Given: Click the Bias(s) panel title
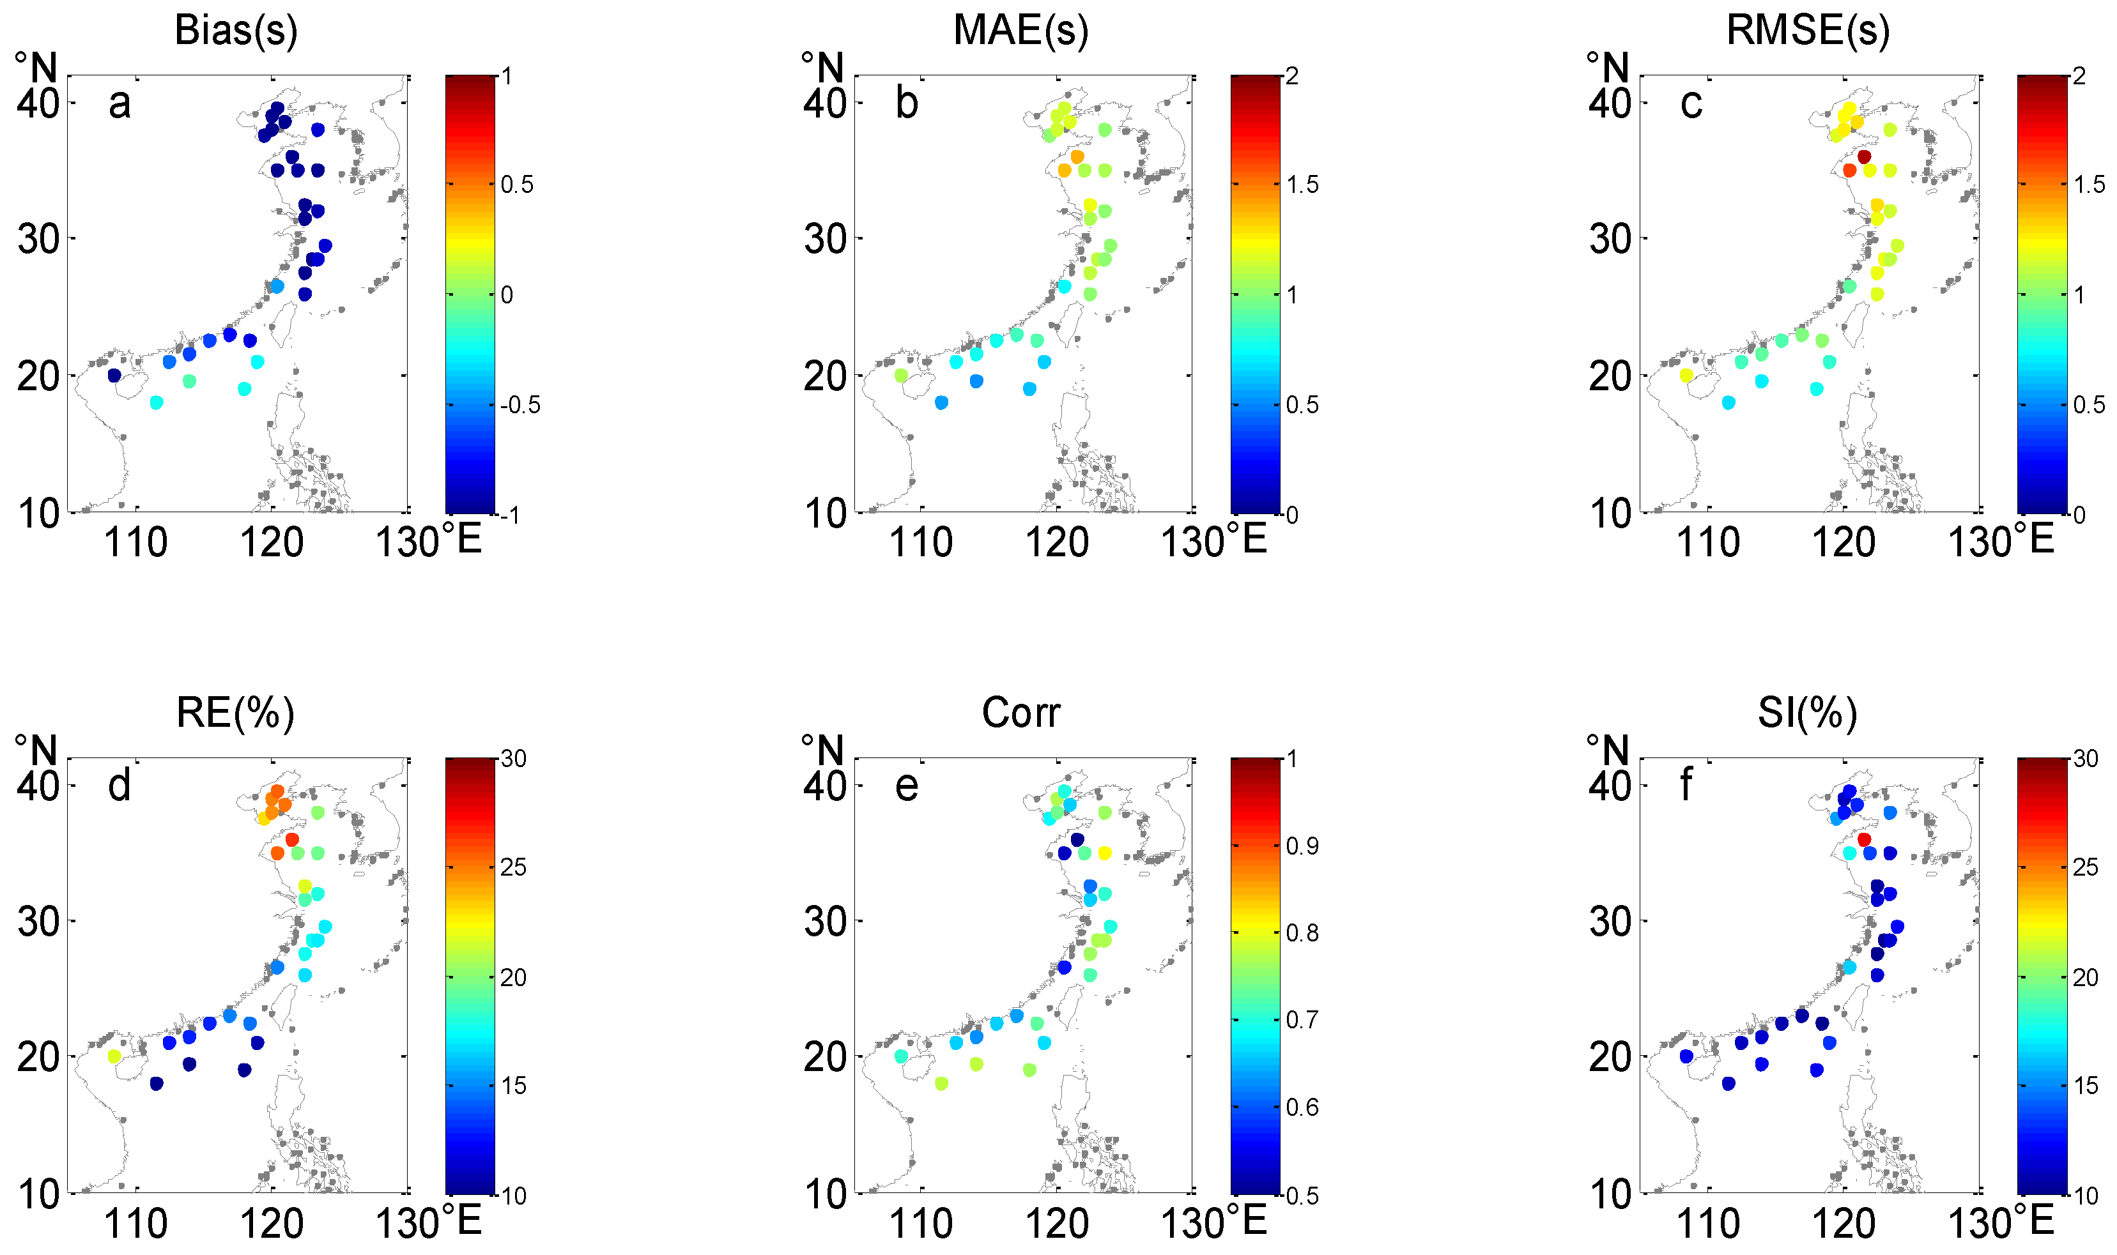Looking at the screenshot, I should pyautogui.click(x=236, y=31).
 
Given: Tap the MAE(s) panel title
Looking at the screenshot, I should pyautogui.click(x=1020, y=31).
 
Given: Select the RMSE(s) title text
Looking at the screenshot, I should pyautogui.click(x=1807, y=31).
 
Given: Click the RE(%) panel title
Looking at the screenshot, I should pyautogui.click(x=235, y=712).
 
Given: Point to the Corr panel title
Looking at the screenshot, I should pyautogui.click(x=1020, y=712).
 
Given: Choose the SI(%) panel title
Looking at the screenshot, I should pyautogui.click(x=1807, y=712).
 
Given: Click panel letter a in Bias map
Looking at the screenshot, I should pyautogui.click(x=119, y=104).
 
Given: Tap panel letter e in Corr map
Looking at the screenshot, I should pyautogui.click(x=906, y=786).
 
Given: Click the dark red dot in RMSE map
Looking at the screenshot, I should pyautogui.click(x=1864, y=156).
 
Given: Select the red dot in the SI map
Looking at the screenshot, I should pyautogui.click(x=1863, y=840).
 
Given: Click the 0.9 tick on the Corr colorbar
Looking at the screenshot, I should pyautogui.click(x=1302, y=846).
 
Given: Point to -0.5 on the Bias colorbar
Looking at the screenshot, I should pyautogui.click(x=520, y=405).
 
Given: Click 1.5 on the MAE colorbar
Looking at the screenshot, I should pyautogui.click(x=1302, y=185).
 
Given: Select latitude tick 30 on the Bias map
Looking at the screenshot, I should pyautogui.click(x=38, y=240).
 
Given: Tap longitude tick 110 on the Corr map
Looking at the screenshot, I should pyautogui.click(x=921, y=1224).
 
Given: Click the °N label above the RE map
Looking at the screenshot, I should pyautogui.click(x=36, y=750).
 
